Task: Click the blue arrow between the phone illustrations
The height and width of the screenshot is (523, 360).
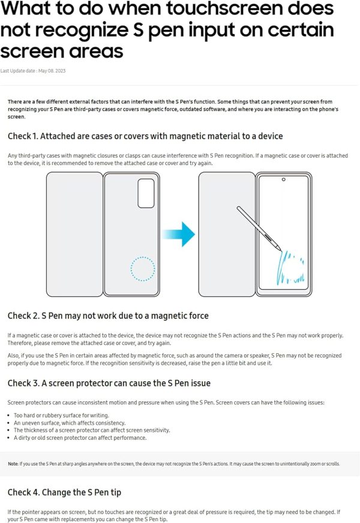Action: [x=179, y=233]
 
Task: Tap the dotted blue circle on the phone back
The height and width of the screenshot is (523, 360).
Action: [x=142, y=268]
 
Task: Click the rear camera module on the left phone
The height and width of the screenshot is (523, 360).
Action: [x=145, y=193]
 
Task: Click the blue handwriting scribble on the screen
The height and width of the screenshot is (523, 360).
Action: [x=287, y=268]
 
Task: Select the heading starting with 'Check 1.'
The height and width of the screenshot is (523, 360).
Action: [x=145, y=137]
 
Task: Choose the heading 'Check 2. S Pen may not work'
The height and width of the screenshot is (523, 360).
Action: [x=108, y=315]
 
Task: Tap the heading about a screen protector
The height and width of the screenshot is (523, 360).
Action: [x=109, y=383]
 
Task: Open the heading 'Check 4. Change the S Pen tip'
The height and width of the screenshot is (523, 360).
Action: [x=64, y=492]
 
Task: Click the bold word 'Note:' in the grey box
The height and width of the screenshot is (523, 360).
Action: [x=13, y=464]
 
